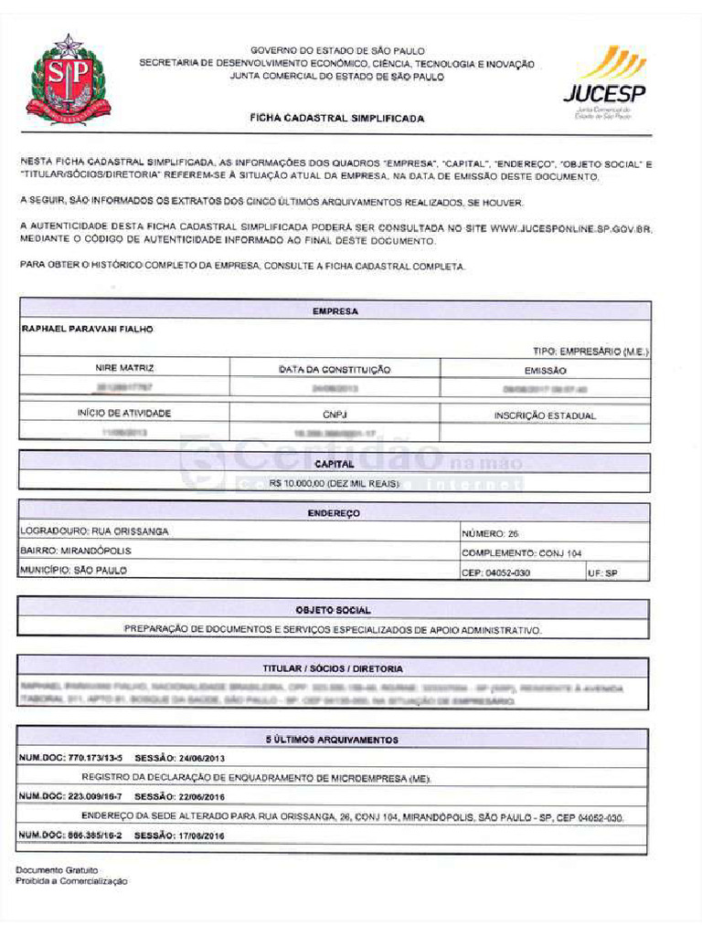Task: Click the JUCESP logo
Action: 604,82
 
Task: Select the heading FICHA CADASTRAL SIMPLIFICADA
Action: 337,119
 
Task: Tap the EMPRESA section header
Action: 335,311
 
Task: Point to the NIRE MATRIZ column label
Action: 124,369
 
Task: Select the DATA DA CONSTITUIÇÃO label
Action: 335,370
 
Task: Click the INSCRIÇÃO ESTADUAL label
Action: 545,415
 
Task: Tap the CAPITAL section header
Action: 335,464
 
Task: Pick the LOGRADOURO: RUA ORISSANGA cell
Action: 94,531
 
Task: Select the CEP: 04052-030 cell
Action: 495,573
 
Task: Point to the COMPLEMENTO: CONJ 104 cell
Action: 521,552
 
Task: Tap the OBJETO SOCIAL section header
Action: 333,609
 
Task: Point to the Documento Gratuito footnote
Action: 57,870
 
